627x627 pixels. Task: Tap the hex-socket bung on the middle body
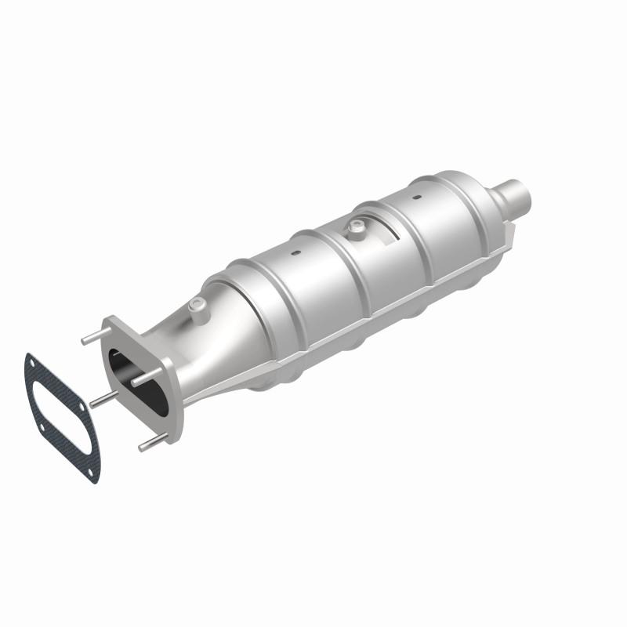(x=357, y=228)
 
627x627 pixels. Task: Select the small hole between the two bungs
(x=296, y=254)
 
